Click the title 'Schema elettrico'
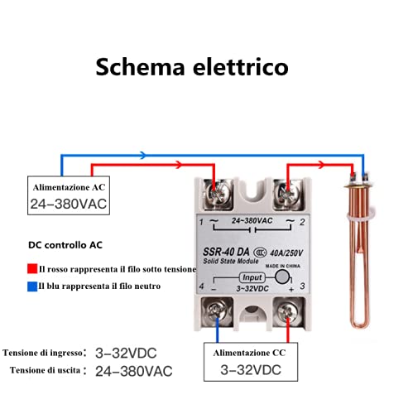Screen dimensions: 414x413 (x=191, y=65)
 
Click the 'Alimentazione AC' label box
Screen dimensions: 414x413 (x=68, y=187)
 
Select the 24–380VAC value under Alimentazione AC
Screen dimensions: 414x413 (x=68, y=204)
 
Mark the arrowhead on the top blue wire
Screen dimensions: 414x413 (x=142, y=155)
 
